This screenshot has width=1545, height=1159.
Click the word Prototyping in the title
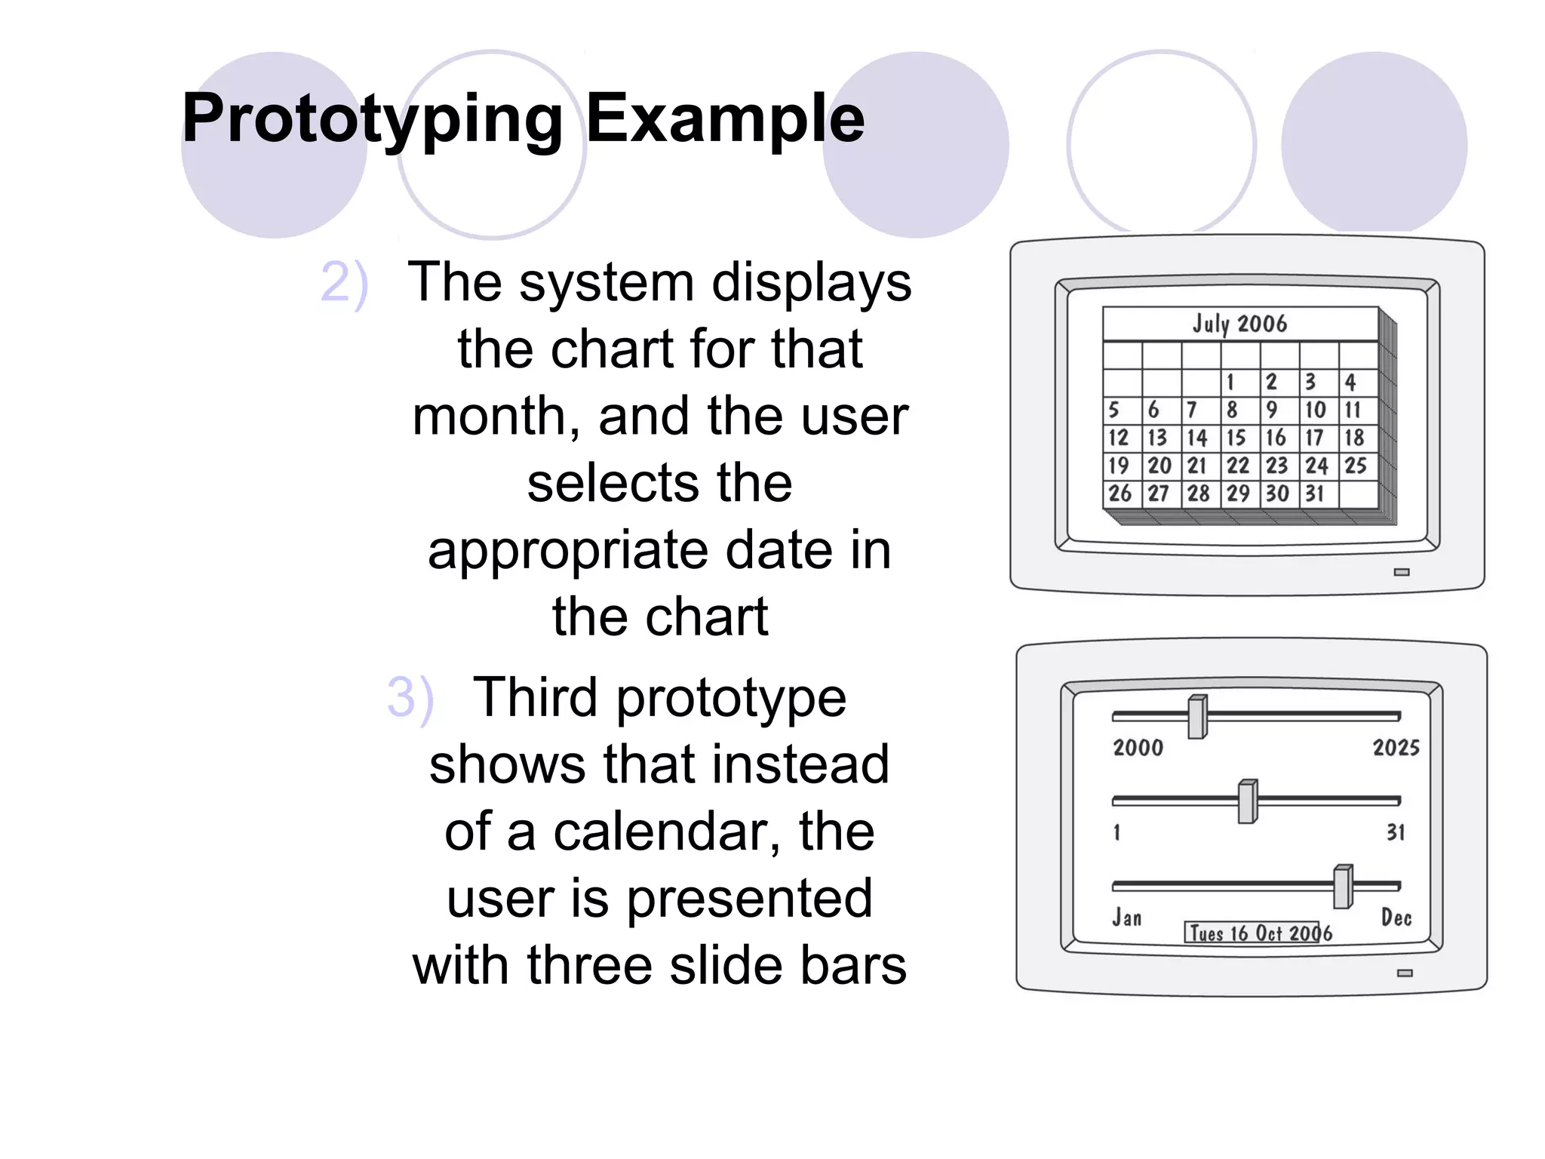tap(373, 118)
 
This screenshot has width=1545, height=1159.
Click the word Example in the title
tap(725, 118)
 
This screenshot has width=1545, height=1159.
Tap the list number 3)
tap(410, 697)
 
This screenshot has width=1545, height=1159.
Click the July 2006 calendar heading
tap(1239, 324)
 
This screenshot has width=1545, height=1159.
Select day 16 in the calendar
tap(1276, 438)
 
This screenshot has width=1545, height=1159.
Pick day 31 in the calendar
tap(1315, 493)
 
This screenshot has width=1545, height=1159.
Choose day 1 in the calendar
tap(1230, 383)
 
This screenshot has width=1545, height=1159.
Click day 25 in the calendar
tap(1355, 466)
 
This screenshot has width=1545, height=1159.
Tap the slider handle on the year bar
tap(1197, 717)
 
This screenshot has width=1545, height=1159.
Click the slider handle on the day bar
tap(1248, 801)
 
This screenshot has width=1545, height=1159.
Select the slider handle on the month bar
tap(1343, 887)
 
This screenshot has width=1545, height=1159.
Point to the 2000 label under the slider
tap(1138, 748)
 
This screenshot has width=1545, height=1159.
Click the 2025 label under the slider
tap(1396, 748)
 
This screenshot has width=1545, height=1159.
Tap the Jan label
tap(1127, 918)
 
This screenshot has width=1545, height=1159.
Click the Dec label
tap(1396, 918)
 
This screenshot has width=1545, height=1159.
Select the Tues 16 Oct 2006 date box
tap(1258, 933)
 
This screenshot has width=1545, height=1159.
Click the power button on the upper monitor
tap(1402, 572)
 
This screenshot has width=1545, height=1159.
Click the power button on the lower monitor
tap(1405, 973)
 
